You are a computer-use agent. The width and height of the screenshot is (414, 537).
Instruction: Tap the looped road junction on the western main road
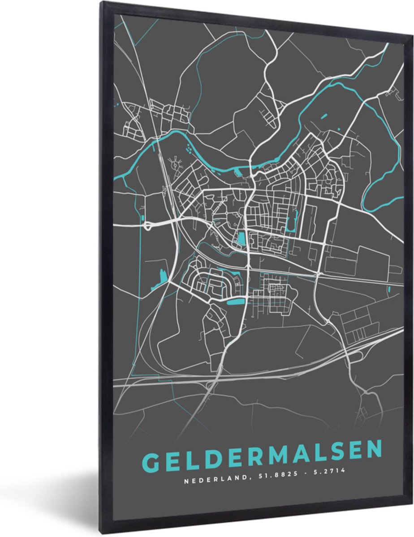click(x=148, y=226)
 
